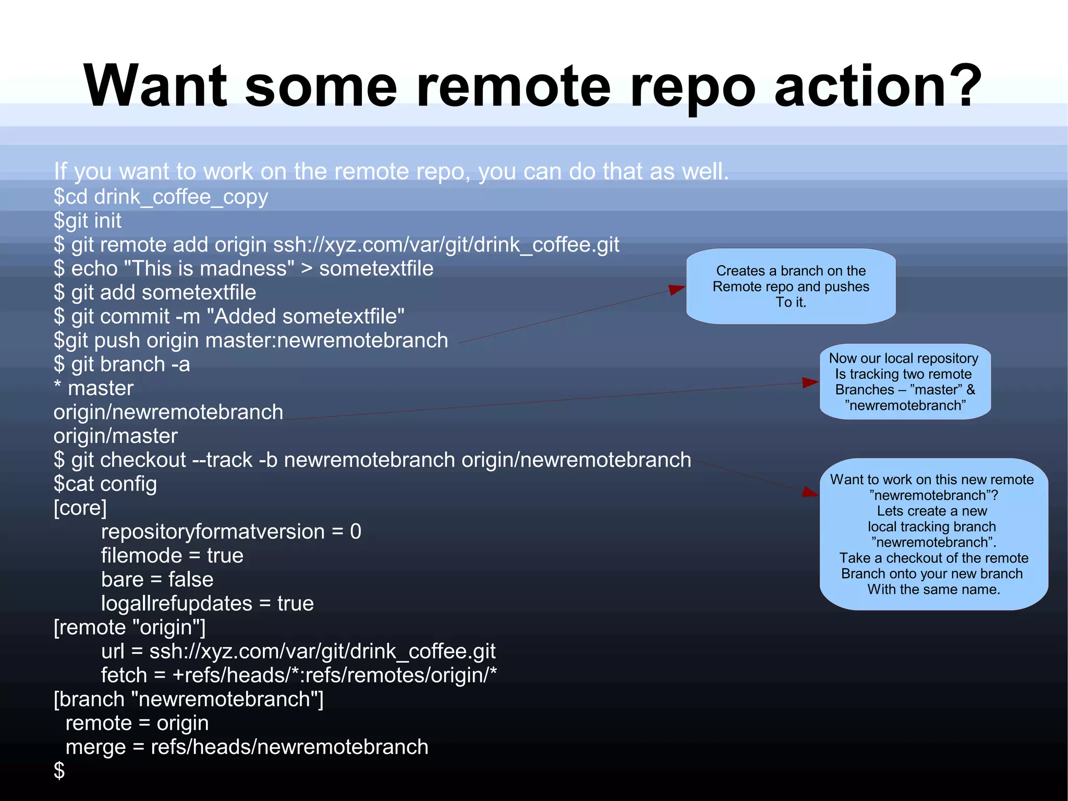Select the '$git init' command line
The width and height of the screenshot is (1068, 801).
pos(88,221)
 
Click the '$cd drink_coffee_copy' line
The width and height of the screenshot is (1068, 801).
pos(161,197)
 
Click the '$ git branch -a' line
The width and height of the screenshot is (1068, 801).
pos(122,365)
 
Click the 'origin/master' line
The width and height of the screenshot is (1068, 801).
pos(116,436)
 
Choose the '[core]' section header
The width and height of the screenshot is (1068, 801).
pos(80,508)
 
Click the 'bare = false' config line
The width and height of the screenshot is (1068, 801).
pos(157,580)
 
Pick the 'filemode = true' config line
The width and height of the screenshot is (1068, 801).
pos(172,556)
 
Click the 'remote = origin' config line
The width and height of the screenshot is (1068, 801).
pos(137,723)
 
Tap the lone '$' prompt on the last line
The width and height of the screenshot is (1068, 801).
pos(59,771)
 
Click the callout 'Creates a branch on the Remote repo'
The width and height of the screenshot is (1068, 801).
pos(791,286)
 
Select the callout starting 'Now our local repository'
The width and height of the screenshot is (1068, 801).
pos(905,381)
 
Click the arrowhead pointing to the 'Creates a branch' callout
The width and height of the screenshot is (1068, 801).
pos(677,290)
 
